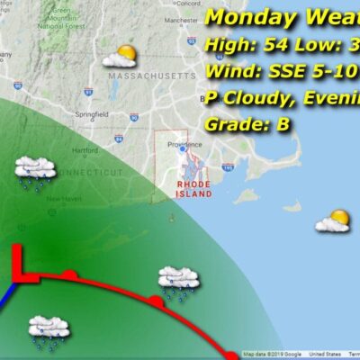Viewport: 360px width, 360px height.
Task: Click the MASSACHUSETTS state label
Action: point(144,77)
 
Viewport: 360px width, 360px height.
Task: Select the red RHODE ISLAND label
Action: point(193,185)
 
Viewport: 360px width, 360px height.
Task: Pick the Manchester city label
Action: point(180,18)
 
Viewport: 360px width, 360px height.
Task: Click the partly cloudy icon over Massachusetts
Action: point(119,58)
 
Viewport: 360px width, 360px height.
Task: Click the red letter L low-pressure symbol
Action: point(22,266)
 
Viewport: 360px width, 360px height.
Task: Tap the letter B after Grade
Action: point(283,125)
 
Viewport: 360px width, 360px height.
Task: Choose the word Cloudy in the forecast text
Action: point(262,97)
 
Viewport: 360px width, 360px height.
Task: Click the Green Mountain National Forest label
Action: point(61,17)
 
